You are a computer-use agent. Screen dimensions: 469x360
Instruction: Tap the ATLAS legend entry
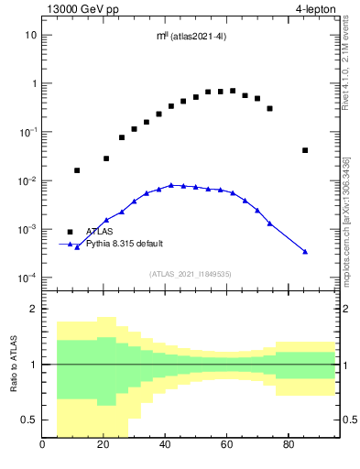tap(99, 232)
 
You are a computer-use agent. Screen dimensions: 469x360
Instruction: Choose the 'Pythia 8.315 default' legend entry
tap(124, 244)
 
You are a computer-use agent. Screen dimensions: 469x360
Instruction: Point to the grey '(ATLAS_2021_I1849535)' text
tap(189, 273)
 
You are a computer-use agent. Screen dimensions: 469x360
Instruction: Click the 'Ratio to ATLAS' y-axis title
tap(12, 364)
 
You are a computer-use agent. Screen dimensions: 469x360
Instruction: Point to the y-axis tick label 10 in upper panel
tap(30, 35)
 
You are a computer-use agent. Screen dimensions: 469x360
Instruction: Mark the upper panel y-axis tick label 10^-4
tap(27, 278)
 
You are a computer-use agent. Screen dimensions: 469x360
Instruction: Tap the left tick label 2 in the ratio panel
tap(34, 309)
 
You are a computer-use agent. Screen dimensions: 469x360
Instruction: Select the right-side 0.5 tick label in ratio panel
tap(348, 420)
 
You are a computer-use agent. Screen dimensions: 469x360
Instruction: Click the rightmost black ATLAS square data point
tap(305, 150)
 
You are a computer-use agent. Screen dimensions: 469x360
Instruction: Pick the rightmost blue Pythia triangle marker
tap(305, 251)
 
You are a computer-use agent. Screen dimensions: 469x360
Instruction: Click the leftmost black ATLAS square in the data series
tap(77, 170)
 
